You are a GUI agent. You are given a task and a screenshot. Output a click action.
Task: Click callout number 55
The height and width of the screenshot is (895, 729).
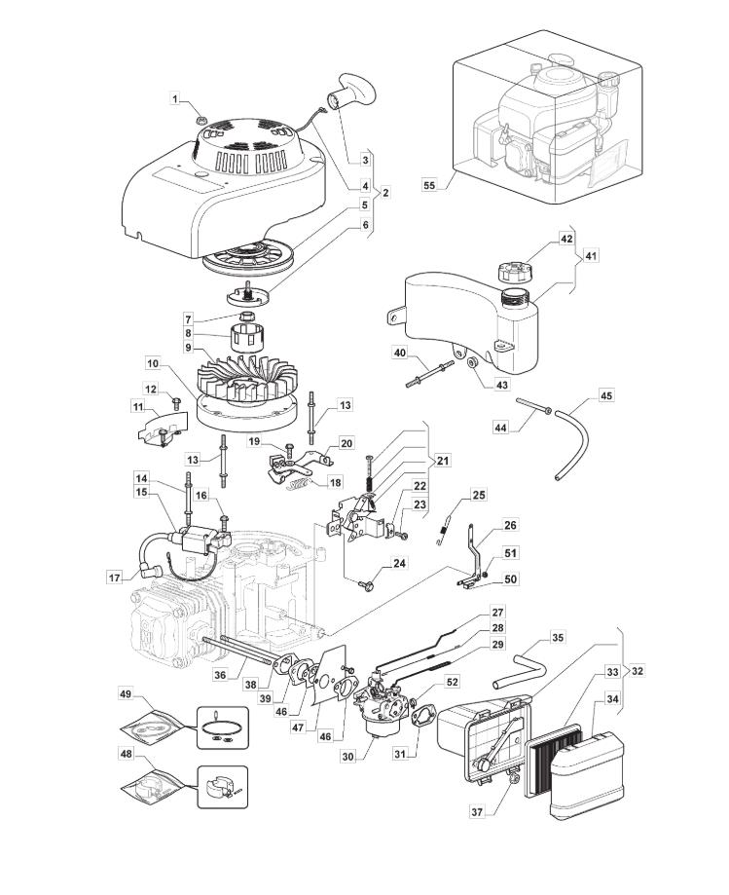click(x=429, y=183)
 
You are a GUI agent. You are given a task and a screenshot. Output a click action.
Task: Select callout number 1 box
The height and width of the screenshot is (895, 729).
click(x=176, y=98)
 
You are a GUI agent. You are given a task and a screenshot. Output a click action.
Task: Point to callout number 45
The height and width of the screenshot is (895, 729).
click(x=605, y=396)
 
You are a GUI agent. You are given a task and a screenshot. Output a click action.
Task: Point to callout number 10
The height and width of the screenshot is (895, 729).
click(x=153, y=364)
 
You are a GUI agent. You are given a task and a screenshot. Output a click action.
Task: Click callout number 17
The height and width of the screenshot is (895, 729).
click(x=114, y=577)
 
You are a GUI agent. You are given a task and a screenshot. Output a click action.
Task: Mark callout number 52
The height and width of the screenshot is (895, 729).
click(x=452, y=683)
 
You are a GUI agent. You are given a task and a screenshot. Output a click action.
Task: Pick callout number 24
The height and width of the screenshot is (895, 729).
click(x=399, y=564)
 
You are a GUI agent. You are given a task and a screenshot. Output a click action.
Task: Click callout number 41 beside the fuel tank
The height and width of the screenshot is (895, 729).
click(x=592, y=256)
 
